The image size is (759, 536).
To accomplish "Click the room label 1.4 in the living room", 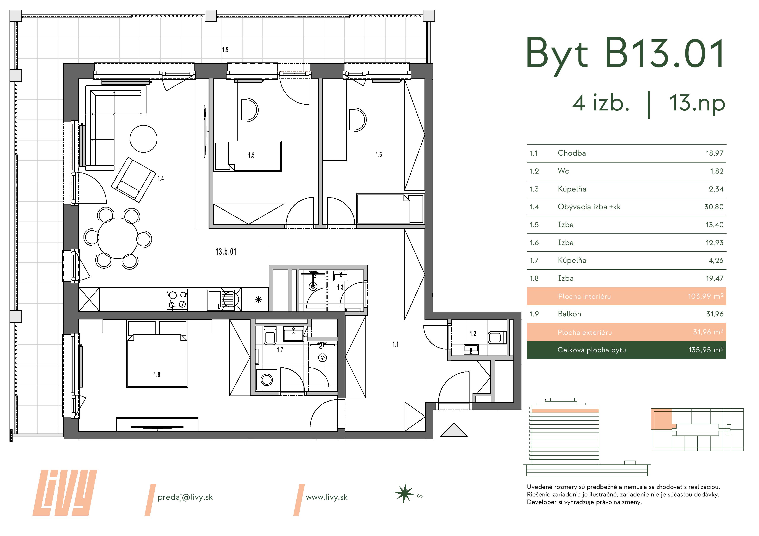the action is pyautogui.click(x=160, y=178).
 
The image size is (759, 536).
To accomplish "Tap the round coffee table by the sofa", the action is pyautogui.click(x=143, y=139).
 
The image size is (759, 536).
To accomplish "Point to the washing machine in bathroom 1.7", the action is pyautogui.click(x=266, y=380).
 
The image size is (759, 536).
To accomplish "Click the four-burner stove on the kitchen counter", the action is pyautogui.click(x=177, y=300).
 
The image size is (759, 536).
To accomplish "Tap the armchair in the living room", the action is pyautogui.click(x=133, y=180).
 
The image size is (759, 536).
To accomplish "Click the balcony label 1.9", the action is pyautogui.click(x=225, y=49).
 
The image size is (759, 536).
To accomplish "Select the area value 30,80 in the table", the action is pyautogui.click(x=714, y=207).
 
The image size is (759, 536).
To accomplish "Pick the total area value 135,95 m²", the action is pyautogui.click(x=706, y=350).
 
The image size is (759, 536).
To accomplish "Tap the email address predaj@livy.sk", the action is pyautogui.click(x=185, y=497).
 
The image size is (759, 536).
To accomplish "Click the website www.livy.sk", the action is pyautogui.click(x=327, y=497).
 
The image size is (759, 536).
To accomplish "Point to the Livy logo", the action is pyautogui.click(x=65, y=493).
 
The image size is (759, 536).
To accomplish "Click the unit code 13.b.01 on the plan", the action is pyautogui.click(x=226, y=252).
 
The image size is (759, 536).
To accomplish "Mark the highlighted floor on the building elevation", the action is pyautogui.click(x=565, y=411).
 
